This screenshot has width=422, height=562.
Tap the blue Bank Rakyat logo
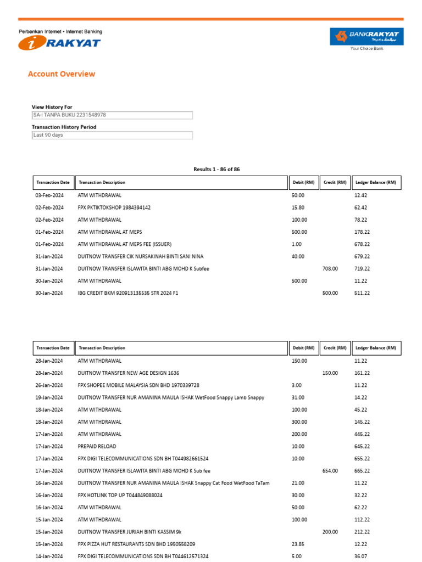[x=367, y=37]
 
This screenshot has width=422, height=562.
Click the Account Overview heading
[x=62, y=74]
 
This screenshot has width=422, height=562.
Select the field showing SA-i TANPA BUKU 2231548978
[x=112, y=115]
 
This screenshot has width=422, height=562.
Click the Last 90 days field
[x=112, y=135]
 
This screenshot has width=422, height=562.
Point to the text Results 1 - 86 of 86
[x=216, y=169]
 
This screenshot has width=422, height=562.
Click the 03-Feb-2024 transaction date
[x=49, y=195]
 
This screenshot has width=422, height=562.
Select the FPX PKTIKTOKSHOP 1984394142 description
[x=114, y=207]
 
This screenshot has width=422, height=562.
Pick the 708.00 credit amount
[x=330, y=269]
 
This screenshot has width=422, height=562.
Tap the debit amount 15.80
[x=297, y=207]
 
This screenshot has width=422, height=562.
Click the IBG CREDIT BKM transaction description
[x=128, y=294]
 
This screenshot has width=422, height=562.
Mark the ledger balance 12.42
[x=361, y=195]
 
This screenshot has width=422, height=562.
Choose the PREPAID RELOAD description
[x=97, y=446]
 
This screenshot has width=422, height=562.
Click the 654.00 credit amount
[x=330, y=471]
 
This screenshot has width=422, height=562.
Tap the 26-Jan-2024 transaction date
[x=49, y=385]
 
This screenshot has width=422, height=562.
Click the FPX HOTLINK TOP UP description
[x=120, y=495]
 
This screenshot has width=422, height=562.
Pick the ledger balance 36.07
[x=362, y=557]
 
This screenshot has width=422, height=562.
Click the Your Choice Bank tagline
[x=367, y=49]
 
